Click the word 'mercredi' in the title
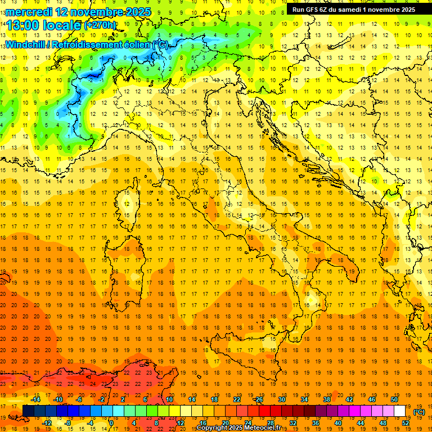[x=28, y=11]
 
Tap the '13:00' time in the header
[x=22, y=25]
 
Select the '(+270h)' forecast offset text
[x=100, y=25]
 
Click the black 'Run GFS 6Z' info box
[x=354, y=10]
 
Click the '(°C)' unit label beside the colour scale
[x=419, y=412]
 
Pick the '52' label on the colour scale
[x=406, y=423]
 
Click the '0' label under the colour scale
[x=111, y=423]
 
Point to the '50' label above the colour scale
[x=394, y=399]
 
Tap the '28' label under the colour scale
[x=270, y=423]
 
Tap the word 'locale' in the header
[x=62, y=25]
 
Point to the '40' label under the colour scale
[x=337, y=423]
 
